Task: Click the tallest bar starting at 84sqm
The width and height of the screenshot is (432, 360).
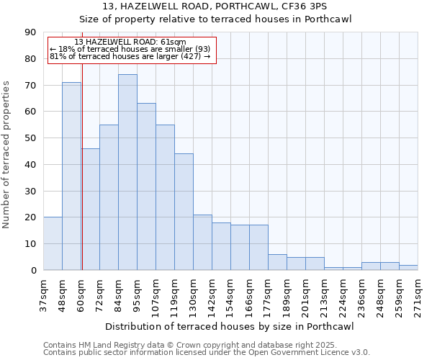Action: (127, 172)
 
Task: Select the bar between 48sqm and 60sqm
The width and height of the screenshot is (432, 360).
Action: (71, 176)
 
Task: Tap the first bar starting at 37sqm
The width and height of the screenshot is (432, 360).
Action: (53, 243)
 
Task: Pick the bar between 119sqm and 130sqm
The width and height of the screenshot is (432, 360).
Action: (184, 212)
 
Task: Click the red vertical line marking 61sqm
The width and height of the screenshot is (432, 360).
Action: (82, 166)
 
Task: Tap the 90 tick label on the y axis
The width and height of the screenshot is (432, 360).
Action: (30, 32)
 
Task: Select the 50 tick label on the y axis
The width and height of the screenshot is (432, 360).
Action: (30, 138)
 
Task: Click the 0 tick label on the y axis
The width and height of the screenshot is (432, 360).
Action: (33, 270)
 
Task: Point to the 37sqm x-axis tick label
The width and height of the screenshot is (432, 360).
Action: (43, 295)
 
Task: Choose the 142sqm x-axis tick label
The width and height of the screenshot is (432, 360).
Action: (212, 295)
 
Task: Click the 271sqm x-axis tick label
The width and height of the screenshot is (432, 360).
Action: (418, 295)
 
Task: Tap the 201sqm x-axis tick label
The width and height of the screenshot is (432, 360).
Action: (305, 295)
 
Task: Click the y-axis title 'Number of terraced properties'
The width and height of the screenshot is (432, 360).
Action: (7, 154)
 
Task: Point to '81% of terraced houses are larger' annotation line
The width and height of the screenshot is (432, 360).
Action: (130, 56)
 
